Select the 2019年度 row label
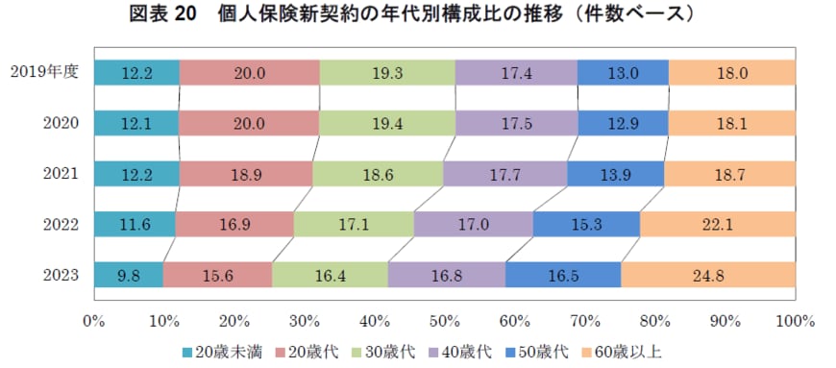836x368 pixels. click(x=44, y=71)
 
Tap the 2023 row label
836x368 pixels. click(x=60, y=274)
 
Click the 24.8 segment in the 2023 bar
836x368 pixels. click(x=707, y=274)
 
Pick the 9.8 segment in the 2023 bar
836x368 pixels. click(x=128, y=274)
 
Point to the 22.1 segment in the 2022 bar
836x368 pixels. click(x=717, y=224)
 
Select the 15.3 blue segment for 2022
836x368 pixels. click(x=586, y=224)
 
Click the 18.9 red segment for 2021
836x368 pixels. click(x=245, y=173)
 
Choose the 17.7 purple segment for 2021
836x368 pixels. click(x=504, y=173)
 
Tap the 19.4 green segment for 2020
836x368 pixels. click(x=387, y=122)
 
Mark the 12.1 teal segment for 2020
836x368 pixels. click(x=135, y=122)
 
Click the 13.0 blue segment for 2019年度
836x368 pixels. click(x=623, y=72)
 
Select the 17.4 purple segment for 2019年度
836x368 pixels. click(x=516, y=72)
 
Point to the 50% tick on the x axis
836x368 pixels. click(x=444, y=318)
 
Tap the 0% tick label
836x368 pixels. click(x=93, y=318)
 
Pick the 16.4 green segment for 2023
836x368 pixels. click(x=330, y=274)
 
